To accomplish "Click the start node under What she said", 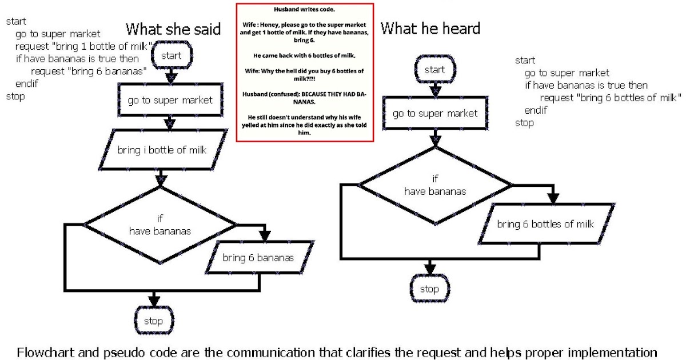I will click(x=171, y=56).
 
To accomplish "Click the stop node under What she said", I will click(x=153, y=321).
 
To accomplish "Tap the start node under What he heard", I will click(x=434, y=70).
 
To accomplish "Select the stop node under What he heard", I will click(x=429, y=289).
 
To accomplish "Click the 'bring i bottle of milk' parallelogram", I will click(x=162, y=150).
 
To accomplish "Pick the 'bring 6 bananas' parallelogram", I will click(x=258, y=258).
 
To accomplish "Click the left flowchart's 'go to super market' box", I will click(x=170, y=101).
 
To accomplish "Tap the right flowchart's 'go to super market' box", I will click(x=435, y=113).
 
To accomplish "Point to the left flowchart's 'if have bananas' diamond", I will click(x=160, y=225).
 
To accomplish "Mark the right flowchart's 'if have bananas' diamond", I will click(x=435, y=185).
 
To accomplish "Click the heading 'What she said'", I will click(x=173, y=29).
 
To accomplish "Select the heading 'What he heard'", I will click(x=430, y=28).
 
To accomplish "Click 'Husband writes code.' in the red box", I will click(x=305, y=9).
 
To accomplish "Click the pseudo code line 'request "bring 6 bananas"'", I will click(x=86, y=71).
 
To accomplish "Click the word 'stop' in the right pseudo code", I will click(x=524, y=122).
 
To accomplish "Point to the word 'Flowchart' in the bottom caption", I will click(x=44, y=351).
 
